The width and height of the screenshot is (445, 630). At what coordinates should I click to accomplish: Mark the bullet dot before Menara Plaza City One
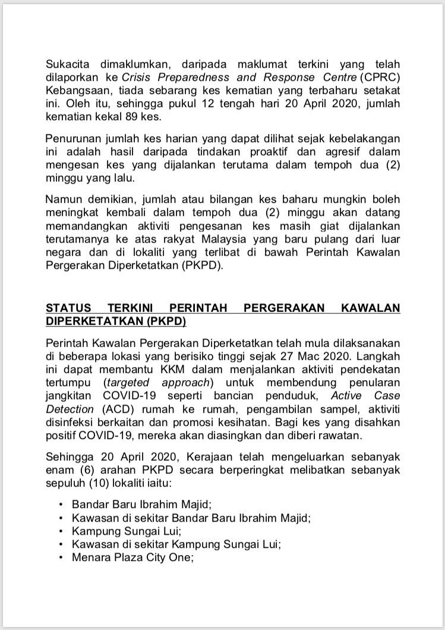tap(62, 559)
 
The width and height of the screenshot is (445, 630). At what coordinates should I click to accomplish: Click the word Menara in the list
tap(89, 559)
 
